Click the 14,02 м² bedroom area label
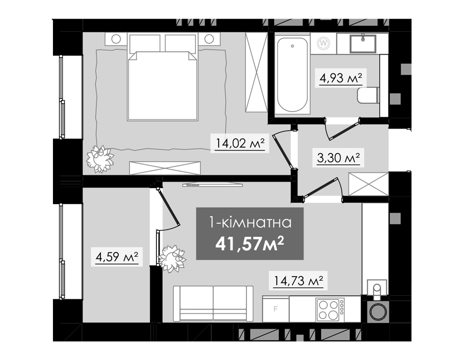(x=240, y=143)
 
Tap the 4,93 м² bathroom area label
(x=341, y=78)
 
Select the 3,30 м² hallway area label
(x=339, y=158)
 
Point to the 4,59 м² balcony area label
(x=117, y=257)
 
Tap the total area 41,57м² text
(x=250, y=244)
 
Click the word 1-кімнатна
(x=250, y=222)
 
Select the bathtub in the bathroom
(x=292, y=75)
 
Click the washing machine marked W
(x=324, y=43)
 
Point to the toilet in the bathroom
(x=368, y=95)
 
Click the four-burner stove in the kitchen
(x=330, y=310)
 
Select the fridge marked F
(x=276, y=309)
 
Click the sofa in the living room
(x=213, y=303)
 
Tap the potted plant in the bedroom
(x=100, y=159)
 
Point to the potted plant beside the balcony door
(x=172, y=259)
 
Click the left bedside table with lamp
(x=116, y=39)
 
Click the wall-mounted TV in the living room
(x=212, y=185)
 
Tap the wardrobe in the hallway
(x=368, y=184)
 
